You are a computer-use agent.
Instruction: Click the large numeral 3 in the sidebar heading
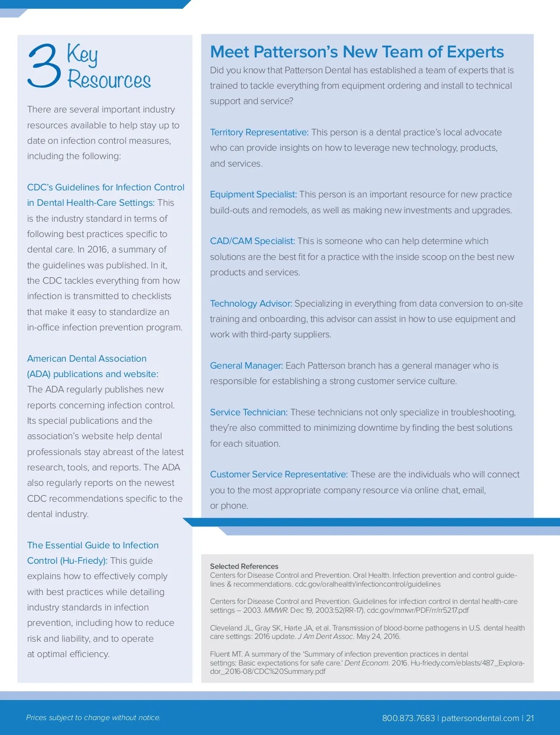[44, 66]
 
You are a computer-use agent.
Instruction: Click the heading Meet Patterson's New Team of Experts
[357, 52]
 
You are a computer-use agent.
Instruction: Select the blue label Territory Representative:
[259, 133]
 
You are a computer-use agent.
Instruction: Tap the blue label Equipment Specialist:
[253, 195]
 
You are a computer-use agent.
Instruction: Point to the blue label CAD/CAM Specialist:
[252, 241]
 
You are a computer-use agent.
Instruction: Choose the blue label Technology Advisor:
[251, 304]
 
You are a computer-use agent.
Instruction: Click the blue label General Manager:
[246, 366]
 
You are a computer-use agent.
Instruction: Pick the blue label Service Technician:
[249, 413]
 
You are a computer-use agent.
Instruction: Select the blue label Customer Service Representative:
[279, 475]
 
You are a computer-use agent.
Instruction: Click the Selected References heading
[244, 566]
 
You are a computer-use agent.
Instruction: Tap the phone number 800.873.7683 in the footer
[408, 718]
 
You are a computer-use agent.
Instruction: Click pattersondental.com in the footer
[480, 718]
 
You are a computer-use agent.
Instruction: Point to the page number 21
[530, 718]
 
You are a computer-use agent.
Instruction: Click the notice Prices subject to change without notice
[93, 718]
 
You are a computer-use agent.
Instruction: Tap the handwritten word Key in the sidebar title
[83, 55]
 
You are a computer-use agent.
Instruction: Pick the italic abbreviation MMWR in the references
[276, 610]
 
